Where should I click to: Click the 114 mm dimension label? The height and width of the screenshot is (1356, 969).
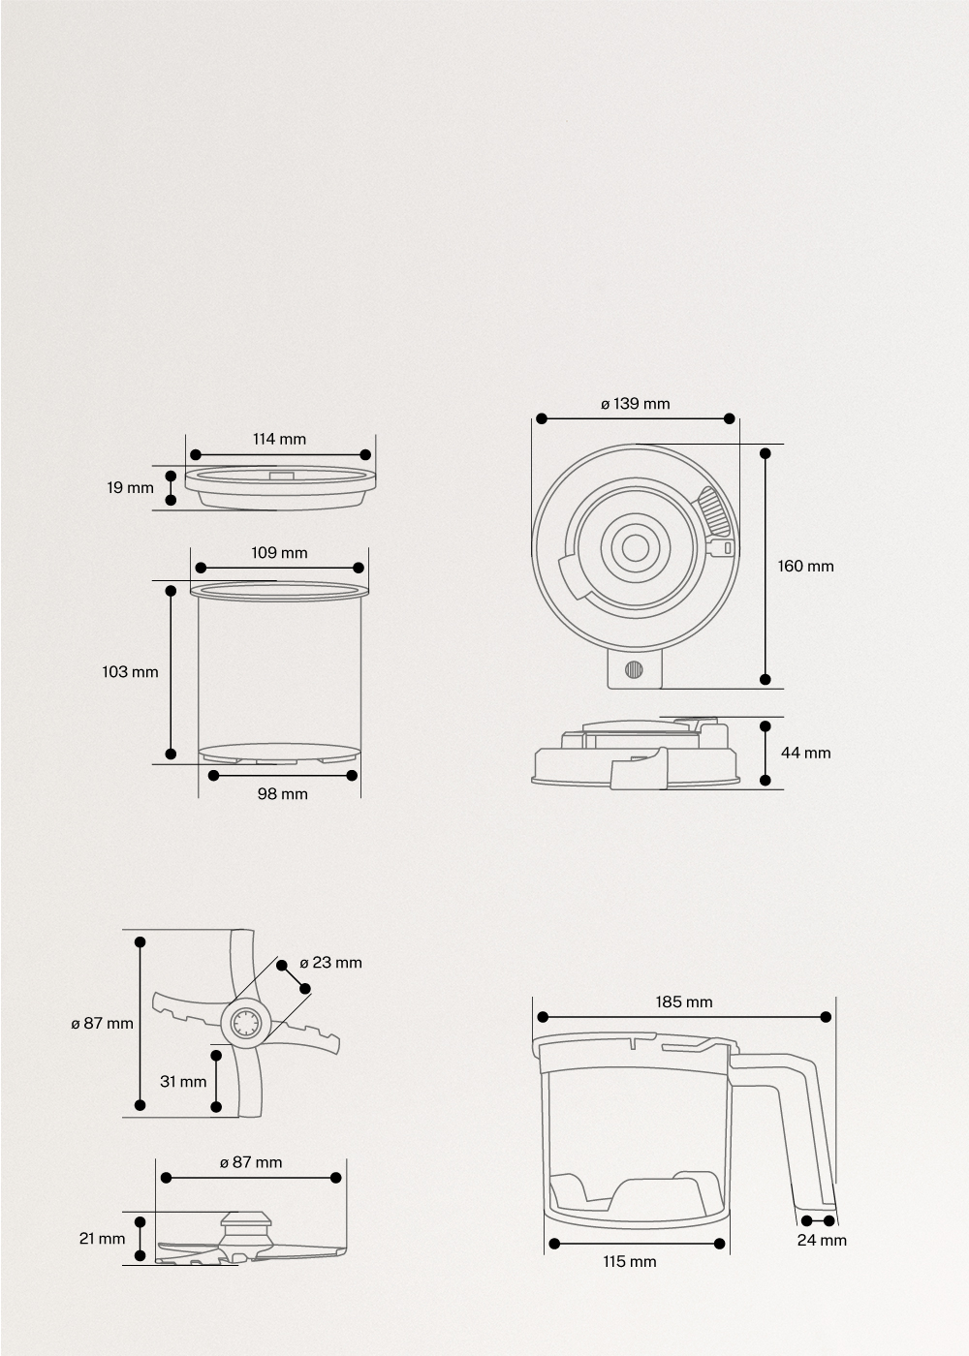coord(279,439)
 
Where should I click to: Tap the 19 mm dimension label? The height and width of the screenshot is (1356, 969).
coord(130,487)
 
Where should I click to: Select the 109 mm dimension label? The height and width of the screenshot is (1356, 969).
coord(279,552)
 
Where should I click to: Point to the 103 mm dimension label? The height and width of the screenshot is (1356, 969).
coord(130,671)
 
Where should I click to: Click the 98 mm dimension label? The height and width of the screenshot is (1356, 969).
coord(282,793)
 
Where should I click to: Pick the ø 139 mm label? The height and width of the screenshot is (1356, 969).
coord(635,403)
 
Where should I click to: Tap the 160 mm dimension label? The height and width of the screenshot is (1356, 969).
coord(805,566)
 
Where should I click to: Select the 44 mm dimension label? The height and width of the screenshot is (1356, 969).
coord(805,753)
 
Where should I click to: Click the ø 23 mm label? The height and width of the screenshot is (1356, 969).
coord(330,962)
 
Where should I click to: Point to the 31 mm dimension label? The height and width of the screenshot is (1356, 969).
coord(183,1081)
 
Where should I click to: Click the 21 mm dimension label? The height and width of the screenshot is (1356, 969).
coord(102,1238)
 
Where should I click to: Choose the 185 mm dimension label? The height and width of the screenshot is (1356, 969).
coord(683,1002)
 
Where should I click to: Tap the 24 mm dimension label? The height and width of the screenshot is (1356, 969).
coord(822,1240)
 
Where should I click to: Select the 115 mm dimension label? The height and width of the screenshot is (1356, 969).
coord(629,1261)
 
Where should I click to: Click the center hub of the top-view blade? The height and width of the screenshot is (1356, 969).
coord(244,1023)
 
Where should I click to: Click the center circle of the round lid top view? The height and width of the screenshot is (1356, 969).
coord(636,548)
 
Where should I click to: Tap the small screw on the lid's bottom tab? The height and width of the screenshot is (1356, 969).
coord(635,669)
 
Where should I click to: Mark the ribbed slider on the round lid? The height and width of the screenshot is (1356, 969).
coord(714,510)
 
